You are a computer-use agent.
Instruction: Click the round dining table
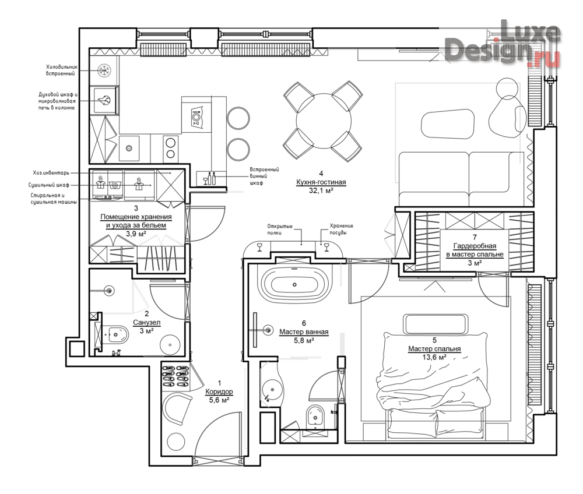click(x=324, y=121)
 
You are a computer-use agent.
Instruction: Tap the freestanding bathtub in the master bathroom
click(x=294, y=284)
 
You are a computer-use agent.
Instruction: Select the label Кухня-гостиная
click(x=321, y=182)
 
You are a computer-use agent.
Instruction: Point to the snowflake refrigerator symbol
click(x=104, y=70)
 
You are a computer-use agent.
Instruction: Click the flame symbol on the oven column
click(x=104, y=100)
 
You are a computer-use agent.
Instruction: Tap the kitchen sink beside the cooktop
click(x=129, y=148)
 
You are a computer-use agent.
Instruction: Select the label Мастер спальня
click(x=434, y=349)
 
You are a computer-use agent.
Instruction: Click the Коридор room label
click(x=219, y=391)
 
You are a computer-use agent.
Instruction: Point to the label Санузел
click(x=146, y=322)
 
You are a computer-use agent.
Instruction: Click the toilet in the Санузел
click(x=115, y=335)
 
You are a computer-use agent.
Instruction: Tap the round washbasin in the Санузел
click(x=170, y=345)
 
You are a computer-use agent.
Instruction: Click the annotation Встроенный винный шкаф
click(x=264, y=176)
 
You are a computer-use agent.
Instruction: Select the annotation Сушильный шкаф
click(x=49, y=185)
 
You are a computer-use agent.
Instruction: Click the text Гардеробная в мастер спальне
click(x=475, y=250)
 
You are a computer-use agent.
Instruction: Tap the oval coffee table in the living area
click(x=448, y=124)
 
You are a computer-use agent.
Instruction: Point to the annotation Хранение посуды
click(x=341, y=229)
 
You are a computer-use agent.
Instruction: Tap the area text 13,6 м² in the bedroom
click(x=434, y=357)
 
